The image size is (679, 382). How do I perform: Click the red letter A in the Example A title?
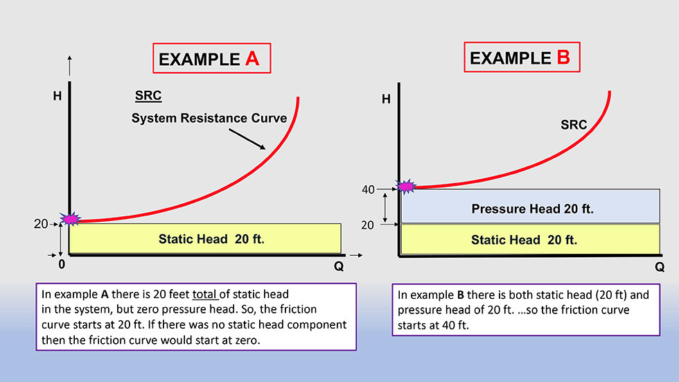pyautogui.click(x=252, y=58)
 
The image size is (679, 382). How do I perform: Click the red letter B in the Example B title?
pyautogui.click(x=563, y=57)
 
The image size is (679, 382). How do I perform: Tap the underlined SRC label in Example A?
pyautogui.click(x=148, y=95)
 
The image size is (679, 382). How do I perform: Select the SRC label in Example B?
pyautogui.click(x=574, y=125)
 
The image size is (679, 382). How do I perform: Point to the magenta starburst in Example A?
pyautogui.click(x=70, y=219)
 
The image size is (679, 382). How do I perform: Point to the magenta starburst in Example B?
pyautogui.click(x=406, y=186)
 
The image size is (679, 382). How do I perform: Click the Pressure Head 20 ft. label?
pyautogui.click(x=532, y=209)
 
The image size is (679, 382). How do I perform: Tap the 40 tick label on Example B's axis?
pyautogui.click(x=368, y=190)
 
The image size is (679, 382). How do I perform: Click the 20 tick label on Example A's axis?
pyautogui.click(x=41, y=224)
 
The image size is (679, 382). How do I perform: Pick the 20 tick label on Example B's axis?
pyautogui.click(x=367, y=225)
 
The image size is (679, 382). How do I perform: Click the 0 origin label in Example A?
pyautogui.click(x=62, y=264)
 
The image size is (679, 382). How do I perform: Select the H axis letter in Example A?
pyautogui.click(x=57, y=96)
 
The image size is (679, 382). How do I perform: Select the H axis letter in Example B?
pyautogui.click(x=386, y=100)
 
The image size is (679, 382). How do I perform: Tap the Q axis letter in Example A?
pyautogui.click(x=339, y=266)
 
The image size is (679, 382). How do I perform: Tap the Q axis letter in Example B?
pyautogui.click(x=660, y=267)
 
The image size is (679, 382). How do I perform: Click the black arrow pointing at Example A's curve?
pyautogui.click(x=247, y=139)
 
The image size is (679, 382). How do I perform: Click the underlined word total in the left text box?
pyautogui.click(x=204, y=295)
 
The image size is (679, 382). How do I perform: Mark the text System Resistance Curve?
pyautogui.click(x=209, y=119)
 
